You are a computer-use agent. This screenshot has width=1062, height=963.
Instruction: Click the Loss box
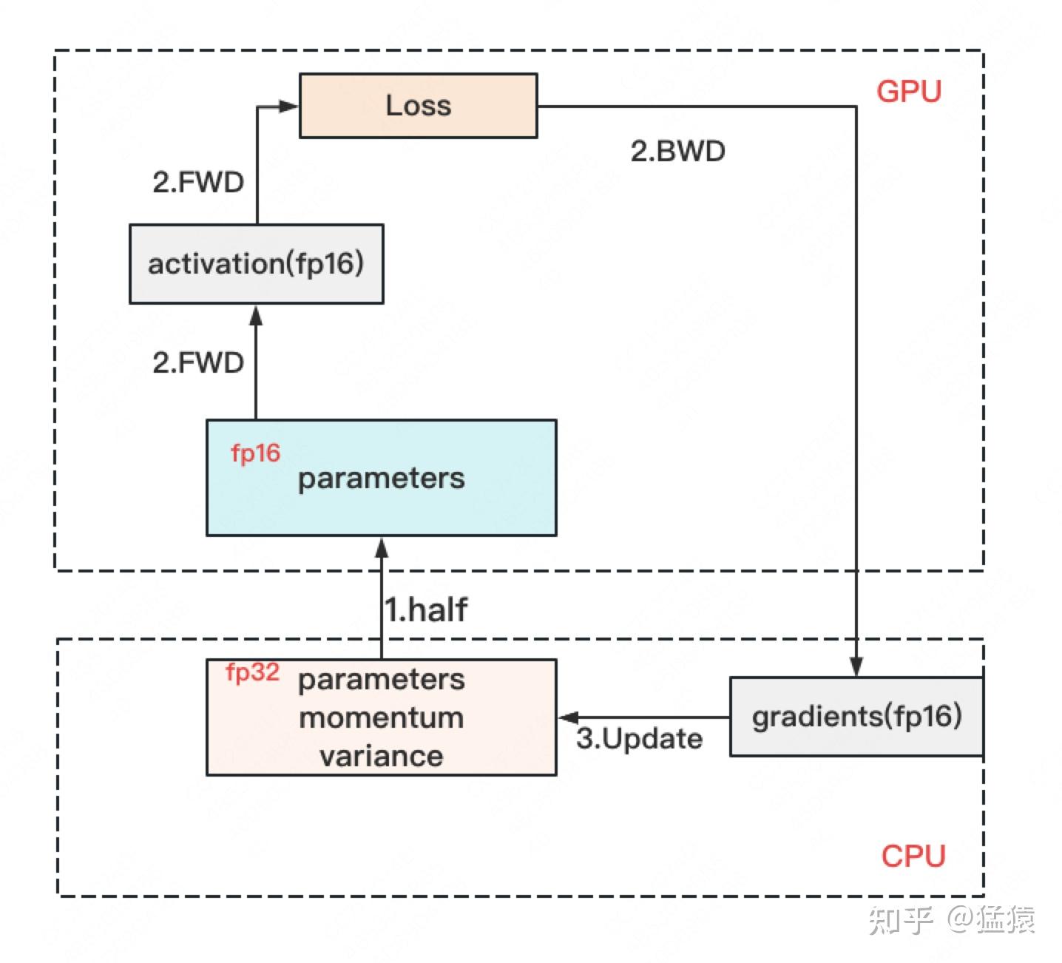(419, 106)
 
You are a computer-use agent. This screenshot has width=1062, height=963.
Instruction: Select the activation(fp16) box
(257, 264)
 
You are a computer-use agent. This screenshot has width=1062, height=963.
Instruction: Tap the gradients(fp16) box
(856, 716)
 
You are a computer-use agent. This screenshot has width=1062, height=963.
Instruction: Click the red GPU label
(909, 91)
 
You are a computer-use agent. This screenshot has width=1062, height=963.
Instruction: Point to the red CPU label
(913, 856)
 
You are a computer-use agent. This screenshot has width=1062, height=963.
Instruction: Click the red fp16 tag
(255, 453)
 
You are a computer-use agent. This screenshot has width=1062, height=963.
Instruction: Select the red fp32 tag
(252, 672)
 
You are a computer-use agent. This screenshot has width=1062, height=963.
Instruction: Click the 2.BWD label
(677, 151)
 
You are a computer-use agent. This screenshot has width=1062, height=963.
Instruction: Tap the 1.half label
(426, 609)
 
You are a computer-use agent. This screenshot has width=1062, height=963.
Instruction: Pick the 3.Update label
(640, 738)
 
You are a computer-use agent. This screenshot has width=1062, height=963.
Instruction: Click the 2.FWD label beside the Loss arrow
(198, 182)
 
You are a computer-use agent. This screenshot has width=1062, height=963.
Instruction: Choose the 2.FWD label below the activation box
(198, 363)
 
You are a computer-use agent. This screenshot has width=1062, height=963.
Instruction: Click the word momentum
(381, 718)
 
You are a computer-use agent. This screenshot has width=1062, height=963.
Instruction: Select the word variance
(381, 756)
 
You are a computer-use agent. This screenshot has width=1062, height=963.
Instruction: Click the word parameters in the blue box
(381, 479)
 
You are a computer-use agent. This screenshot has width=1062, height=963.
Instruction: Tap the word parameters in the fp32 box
(381, 680)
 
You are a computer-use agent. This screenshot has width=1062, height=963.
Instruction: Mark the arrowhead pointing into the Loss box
(288, 107)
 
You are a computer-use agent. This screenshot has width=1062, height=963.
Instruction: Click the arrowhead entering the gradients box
(856, 666)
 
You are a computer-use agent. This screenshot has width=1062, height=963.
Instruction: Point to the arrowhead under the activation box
(256, 316)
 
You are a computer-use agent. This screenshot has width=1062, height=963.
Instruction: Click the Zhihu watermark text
(951, 919)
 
